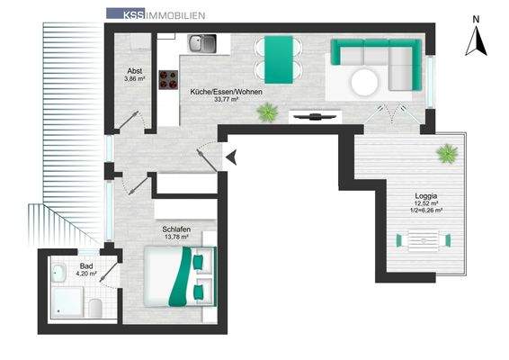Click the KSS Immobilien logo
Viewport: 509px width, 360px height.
156,14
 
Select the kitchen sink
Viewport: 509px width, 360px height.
201,43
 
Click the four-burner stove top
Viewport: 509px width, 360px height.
168,80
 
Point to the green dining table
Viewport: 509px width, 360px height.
279,59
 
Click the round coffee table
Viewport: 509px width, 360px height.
364,82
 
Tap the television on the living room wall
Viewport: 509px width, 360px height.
314,117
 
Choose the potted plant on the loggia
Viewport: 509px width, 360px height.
447,153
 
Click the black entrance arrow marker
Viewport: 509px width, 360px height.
231,157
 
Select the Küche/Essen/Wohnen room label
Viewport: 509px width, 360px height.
226,92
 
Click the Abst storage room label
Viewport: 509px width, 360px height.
134,71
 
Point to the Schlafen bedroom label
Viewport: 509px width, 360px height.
176,229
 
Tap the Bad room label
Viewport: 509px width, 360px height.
86,266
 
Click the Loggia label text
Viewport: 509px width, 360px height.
426,196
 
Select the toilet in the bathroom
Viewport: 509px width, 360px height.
95,308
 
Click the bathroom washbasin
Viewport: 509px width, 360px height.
58,273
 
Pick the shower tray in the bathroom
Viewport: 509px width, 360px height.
67,302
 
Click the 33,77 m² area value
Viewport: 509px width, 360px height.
227,99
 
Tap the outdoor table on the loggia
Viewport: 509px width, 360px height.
424,240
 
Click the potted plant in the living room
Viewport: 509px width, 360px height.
267,112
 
